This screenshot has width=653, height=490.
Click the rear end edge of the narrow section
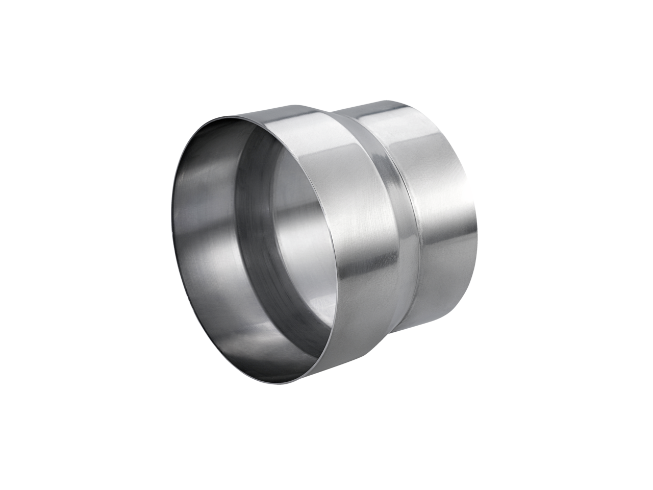pyautogui.click(x=475, y=214)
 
